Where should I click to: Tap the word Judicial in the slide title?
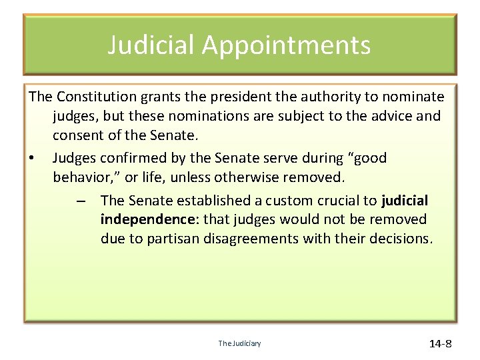[x=151, y=45]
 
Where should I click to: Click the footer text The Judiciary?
[x=240, y=343]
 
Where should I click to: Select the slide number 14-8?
[x=440, y=344]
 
